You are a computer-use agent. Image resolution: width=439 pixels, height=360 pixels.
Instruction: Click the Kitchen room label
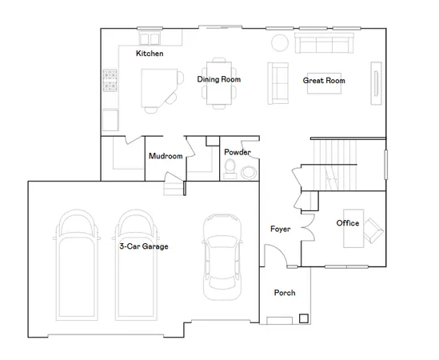point(150,54)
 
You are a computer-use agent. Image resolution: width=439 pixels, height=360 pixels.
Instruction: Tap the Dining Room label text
point(219,79)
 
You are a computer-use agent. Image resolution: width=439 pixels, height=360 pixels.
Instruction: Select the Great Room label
point(324,80)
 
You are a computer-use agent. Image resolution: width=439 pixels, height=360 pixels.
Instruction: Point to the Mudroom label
point(166,156)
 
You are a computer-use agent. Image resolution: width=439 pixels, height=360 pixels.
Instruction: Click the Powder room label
point(237,152)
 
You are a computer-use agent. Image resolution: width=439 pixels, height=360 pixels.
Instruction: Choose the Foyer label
point(280,230)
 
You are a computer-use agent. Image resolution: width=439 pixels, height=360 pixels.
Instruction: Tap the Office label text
point(347,223)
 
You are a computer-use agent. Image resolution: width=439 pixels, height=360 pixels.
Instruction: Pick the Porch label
point(285,293)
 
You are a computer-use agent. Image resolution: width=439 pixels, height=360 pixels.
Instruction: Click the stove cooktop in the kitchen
point(110,80)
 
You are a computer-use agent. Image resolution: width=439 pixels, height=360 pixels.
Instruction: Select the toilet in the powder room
point(230,169)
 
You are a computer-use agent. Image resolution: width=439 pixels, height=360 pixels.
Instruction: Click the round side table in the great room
point(279,42)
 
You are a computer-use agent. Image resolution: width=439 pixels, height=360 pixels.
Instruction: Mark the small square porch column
point(304,318)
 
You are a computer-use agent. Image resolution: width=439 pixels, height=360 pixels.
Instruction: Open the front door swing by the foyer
point(273,256)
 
